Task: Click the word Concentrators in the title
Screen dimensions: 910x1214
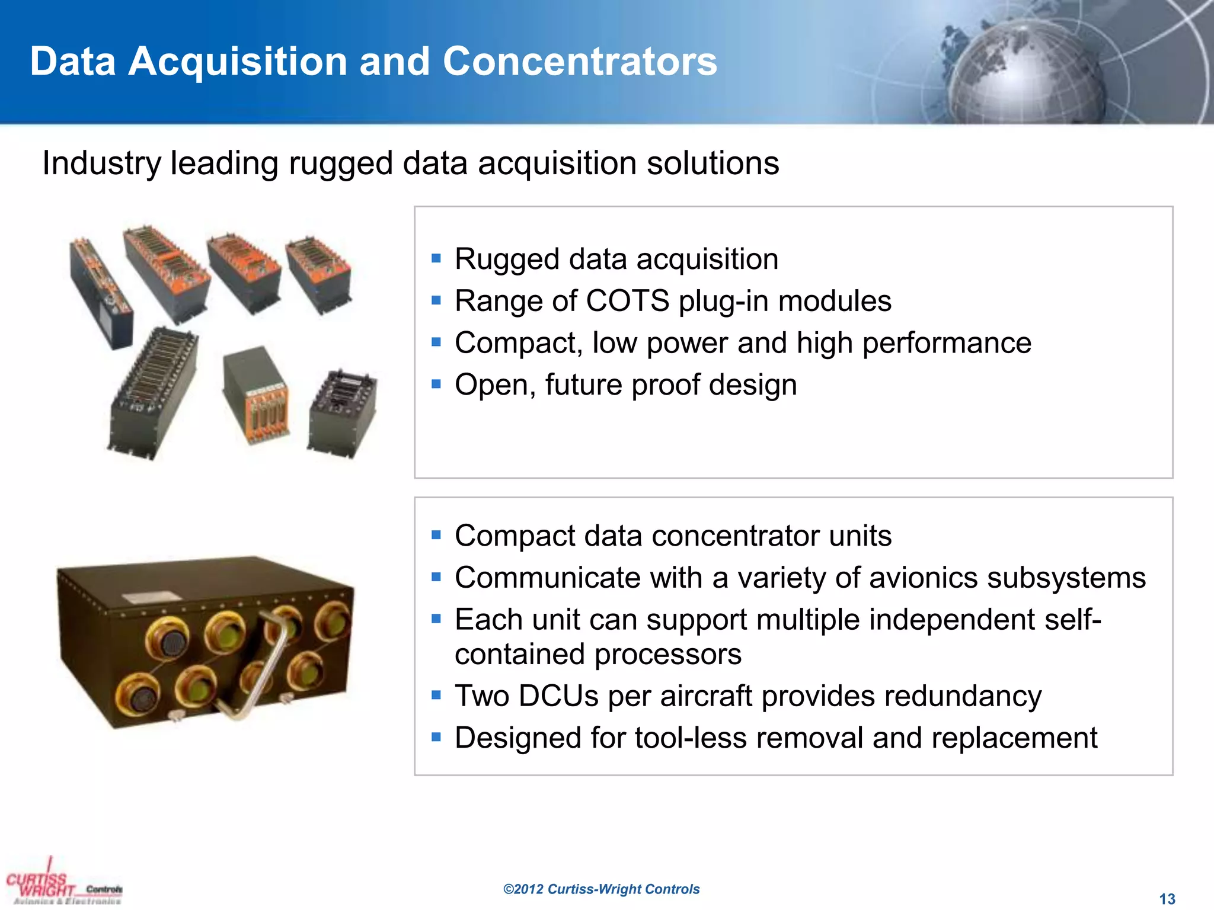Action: [x=580, y=62]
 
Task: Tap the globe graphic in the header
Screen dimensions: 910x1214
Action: [x=1028, y=74]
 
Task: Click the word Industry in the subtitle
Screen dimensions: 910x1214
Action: [x=101, y=164]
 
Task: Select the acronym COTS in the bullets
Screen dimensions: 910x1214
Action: [x=627, y=301]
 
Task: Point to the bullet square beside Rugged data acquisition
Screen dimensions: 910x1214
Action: [x=436, y=258]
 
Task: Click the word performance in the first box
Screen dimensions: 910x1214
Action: [x=947, y=343]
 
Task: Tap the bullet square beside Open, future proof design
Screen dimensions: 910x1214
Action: [x=436, y=384]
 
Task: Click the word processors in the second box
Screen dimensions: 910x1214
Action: [x=667, y=655]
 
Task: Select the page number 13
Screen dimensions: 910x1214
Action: [x=1167, y=899]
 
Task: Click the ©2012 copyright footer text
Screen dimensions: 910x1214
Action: [x=601, y=889]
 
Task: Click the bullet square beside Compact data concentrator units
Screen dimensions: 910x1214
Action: [x=436, y=536]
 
